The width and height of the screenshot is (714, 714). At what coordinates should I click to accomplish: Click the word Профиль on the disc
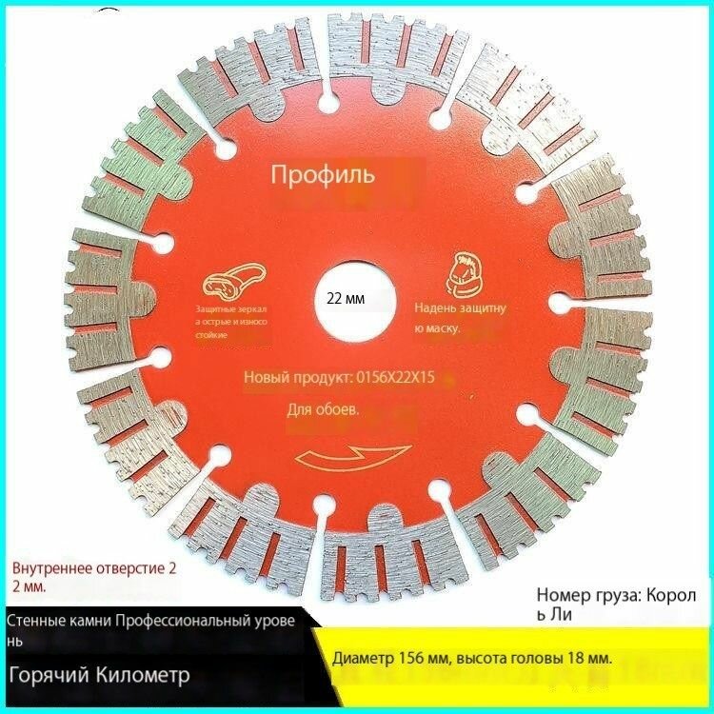323,174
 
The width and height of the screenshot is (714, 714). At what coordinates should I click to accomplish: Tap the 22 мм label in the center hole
346,299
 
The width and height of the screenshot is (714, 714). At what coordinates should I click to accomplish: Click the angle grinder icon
234,281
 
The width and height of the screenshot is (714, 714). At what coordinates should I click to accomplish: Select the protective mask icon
464,274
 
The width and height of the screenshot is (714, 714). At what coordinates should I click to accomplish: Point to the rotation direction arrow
354,457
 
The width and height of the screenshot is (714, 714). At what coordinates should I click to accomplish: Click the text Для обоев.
323,409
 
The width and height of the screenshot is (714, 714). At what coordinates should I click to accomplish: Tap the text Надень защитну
460,308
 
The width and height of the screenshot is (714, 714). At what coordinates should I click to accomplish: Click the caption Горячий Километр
99,674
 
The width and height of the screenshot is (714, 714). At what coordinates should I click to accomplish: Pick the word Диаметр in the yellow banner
363,659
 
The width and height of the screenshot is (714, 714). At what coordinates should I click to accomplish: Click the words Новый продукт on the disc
296,378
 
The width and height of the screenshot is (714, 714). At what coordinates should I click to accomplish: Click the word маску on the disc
442,327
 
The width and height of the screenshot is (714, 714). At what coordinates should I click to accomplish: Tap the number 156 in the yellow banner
409,659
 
